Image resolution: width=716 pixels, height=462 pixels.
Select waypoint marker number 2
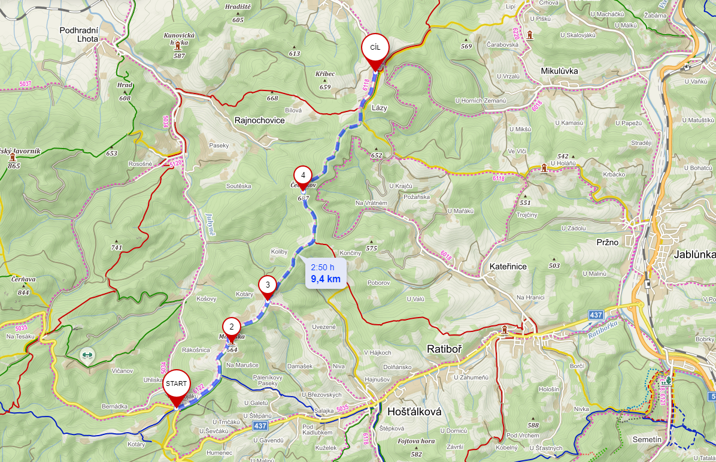pos(232,327)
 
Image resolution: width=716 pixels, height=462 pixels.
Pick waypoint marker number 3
pos(268,285)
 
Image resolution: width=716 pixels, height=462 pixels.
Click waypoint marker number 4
pos(303,176)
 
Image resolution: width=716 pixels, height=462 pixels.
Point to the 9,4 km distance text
pos(326,279)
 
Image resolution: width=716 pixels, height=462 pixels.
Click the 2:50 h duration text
pos(323,267)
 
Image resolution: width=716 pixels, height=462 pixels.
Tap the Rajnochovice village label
pos(259,120)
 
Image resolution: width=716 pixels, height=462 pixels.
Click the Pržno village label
pos(608,242)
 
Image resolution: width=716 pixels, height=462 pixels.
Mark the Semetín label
pos(647,440)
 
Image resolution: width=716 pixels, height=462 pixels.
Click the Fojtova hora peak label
pos(416,441)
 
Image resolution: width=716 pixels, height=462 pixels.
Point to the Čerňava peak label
pos(24,279)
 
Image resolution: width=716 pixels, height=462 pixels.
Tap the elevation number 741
pos(116,247)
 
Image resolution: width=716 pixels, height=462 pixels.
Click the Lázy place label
pos(380,107)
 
